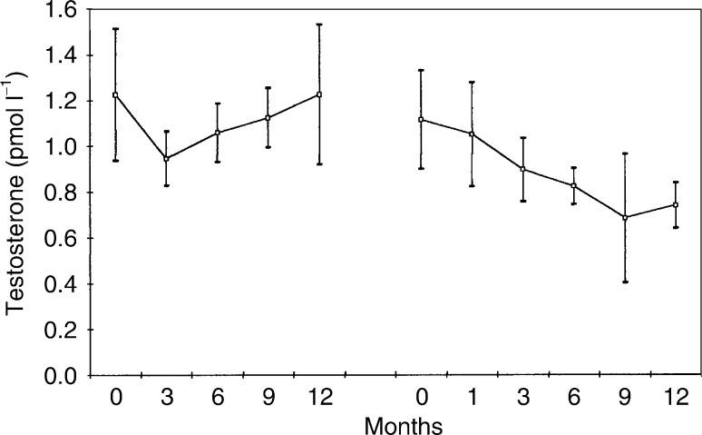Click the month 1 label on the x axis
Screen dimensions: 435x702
[x=472, y=397]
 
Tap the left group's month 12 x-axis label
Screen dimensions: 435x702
[x=319, y=397]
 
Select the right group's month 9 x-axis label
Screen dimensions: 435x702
[x=625, y=397]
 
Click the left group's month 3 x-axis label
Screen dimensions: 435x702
[x=167, y=397]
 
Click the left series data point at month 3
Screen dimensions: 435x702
[x=167, y=159]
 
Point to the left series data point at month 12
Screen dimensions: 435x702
[x=319, y=94]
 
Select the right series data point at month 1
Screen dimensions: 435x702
[x=472, y=133]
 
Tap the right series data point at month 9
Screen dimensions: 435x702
[x=625, y=217]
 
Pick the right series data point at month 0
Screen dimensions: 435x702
[x=421, y=119]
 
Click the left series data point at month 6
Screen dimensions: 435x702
[x=218, y=133]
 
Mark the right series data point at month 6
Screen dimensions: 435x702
[x=574, y=185]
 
